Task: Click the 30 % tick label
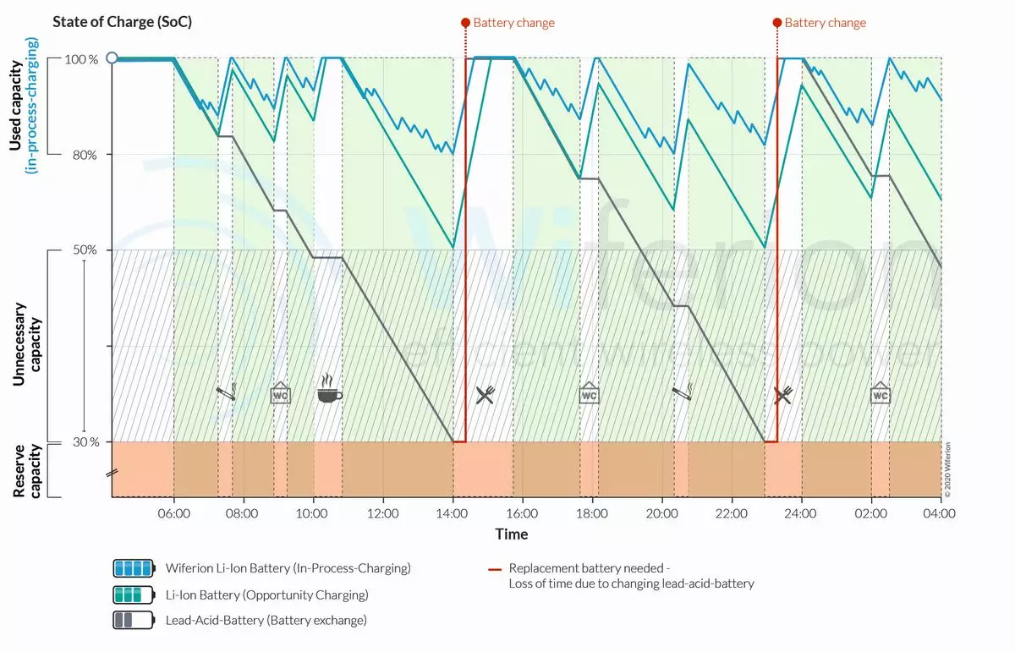84,441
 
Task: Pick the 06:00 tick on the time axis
173,512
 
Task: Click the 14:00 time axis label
453,512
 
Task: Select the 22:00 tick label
732,512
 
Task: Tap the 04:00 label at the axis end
938,512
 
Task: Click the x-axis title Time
512,534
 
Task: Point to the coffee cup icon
329,393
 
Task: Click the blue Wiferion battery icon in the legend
134,568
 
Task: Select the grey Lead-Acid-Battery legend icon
134,620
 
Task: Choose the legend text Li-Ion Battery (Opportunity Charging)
267,594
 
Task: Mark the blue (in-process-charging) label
32,106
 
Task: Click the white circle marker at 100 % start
112,58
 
